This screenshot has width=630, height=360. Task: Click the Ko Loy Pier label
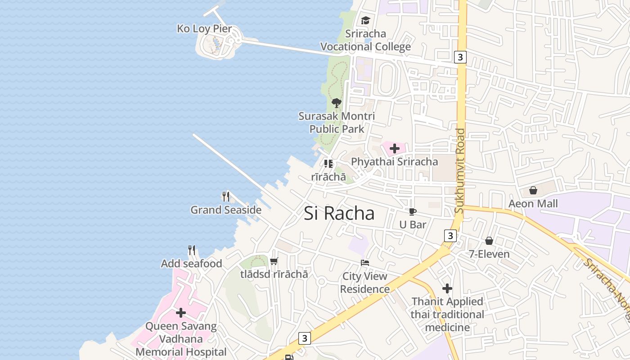(x=204, y=29)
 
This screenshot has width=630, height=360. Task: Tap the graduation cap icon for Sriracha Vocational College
(x=365, y=21)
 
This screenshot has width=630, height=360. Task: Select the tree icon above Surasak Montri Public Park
(x=336, y=103)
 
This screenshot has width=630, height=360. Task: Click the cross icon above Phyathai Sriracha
(x=395, y=148)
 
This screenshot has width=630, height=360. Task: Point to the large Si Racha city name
(x=339, y=213)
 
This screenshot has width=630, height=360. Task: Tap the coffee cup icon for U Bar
(x=412, y=211)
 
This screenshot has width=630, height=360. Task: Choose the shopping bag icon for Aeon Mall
(x=533, y=190)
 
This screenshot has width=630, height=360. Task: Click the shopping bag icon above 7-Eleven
(x=489, y=241)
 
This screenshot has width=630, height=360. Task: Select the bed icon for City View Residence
(x=365, y=263)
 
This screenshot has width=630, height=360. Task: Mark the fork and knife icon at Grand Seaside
(x=226, y=197)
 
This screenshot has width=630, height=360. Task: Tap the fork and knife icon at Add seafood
(x=192, y=250)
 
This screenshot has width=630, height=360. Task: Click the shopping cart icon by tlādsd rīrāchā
(x=274, y=261)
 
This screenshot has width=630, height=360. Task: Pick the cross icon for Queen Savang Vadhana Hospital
(x=181, y=313)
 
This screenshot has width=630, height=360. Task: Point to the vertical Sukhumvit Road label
(x=459, y=171)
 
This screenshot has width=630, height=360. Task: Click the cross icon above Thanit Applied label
(x=447, y=288)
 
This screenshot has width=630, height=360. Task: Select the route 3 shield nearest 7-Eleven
(x=450, y=235)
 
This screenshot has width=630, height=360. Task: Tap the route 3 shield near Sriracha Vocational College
(x=460, y=57)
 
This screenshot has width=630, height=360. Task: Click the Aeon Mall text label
(x=533, y=204)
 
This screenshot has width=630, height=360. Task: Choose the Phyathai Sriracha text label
(x=394, y=162)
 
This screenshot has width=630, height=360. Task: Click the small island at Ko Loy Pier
(x=216, y=45)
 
